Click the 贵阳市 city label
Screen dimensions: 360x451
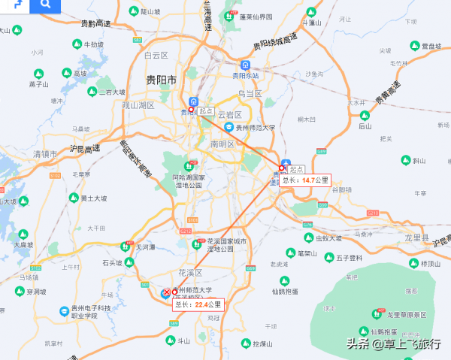pos(162,79)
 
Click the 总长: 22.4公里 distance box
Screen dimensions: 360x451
pos(198,304)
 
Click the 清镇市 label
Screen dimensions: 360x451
pos(45,154)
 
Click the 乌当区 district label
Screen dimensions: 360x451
pos(250,94)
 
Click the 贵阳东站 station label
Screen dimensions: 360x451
pos(245,75)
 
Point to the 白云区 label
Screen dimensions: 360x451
pos(156,55)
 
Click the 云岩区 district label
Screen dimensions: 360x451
pos(229,115)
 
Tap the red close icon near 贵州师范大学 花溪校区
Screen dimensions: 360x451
pos(167,292)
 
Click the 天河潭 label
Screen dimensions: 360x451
pos(145,247)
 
